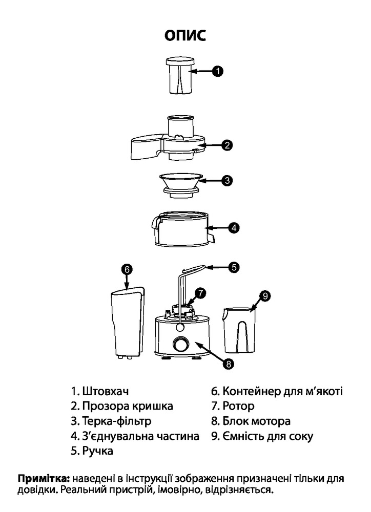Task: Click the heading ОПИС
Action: click(185, 36)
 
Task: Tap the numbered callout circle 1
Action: click(218, 72)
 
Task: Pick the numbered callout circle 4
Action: click(234, 228)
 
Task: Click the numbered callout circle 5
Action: click(234, 266)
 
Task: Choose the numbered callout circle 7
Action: click(200, 293)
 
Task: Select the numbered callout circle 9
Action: click(264, 295)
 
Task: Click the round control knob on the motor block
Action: click(180, 345)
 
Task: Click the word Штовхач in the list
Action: click(105, 392)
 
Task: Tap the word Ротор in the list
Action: click(238, 407)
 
